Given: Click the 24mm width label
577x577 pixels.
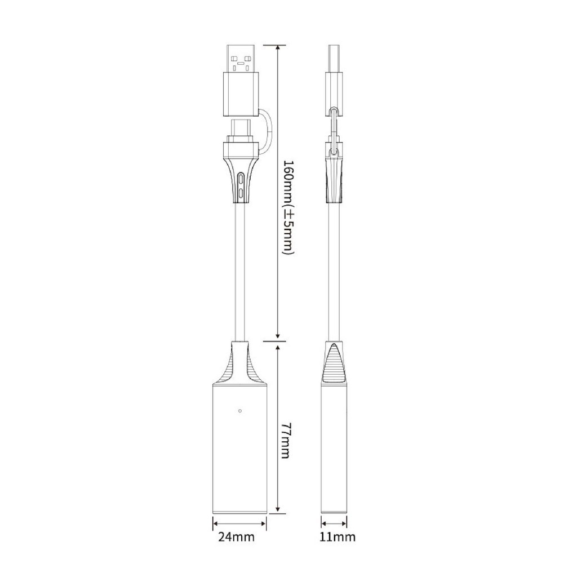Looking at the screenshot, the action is click(236, 537).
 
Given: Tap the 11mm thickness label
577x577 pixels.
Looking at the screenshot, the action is click(338, 537).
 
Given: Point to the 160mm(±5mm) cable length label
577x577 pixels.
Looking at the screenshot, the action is click(286, 207).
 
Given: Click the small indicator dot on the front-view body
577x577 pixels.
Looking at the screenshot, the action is click(240, 411).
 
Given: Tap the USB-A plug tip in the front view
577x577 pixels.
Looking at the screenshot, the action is click(241, 59).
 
